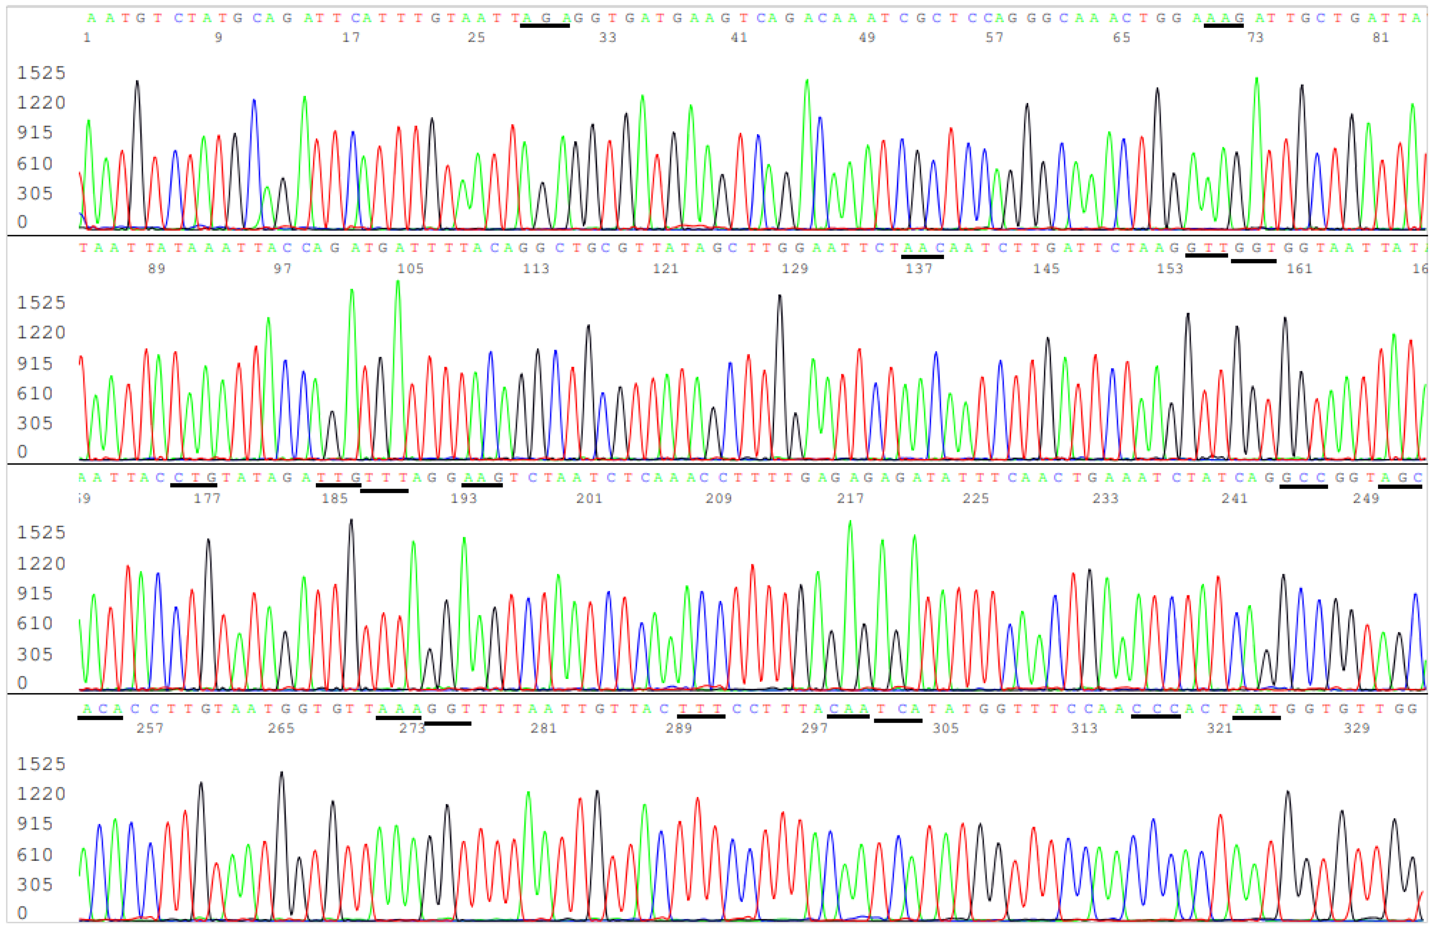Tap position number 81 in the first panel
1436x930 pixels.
click(1380, 37)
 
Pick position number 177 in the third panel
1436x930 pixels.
click(207, 499)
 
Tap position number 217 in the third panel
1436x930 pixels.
click(850, 499)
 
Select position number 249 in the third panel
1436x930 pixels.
click(1366, 499)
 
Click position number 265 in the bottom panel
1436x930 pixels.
click(281, 728)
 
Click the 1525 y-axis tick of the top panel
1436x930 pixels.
click(41, 73)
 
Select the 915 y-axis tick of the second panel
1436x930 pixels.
click(35, 363)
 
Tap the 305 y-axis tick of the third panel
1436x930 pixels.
click(35, 654)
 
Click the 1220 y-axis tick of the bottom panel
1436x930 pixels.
click(41, 794)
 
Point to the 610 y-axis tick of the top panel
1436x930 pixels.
click(35, 163)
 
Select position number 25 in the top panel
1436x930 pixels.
click(476, 37)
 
